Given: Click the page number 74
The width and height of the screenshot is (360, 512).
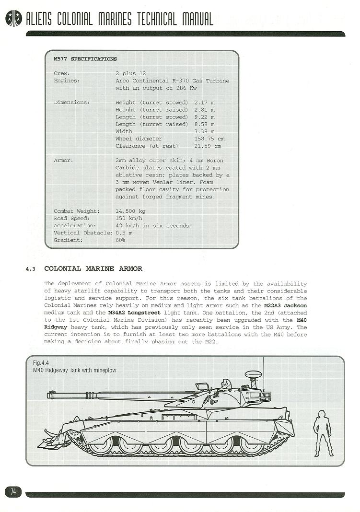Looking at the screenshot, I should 13,491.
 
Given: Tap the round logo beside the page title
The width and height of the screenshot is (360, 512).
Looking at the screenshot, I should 13,19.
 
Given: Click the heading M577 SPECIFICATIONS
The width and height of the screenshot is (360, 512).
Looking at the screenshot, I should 85,59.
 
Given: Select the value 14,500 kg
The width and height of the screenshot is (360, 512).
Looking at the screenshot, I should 130,211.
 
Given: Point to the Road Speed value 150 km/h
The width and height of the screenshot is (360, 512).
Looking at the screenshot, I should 129,218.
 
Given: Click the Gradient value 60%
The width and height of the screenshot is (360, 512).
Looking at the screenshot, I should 120,240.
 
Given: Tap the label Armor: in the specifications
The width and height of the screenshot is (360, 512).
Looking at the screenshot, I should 63,161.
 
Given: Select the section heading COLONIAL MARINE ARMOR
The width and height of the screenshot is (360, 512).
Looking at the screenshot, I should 93,268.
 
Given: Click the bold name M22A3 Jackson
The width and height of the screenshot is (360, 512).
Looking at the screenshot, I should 285,305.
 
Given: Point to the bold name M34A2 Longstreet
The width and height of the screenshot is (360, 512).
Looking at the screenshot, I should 135,313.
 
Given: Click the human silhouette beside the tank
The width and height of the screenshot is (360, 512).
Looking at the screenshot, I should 323,432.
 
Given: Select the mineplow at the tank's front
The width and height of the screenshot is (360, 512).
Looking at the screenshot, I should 55,436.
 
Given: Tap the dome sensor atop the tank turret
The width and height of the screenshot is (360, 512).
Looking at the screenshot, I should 252,374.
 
